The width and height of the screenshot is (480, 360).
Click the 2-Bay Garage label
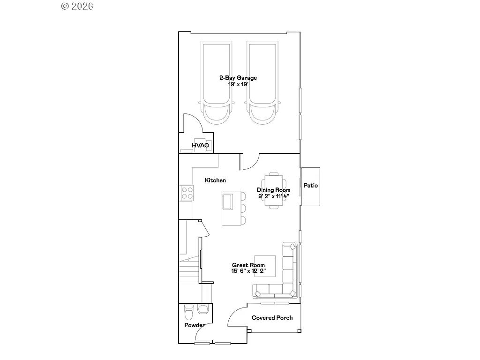tap(238, 78)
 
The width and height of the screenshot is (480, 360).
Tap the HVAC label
tap(200, 146)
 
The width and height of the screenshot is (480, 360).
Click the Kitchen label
tap(215, 180)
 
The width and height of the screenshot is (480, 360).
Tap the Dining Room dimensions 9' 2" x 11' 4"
tap(273, 196)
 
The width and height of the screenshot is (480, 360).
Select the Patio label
tap(310, 186)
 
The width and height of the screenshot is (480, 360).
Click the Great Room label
tap(248, 265)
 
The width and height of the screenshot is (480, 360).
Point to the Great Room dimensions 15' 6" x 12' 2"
tap(248, 271)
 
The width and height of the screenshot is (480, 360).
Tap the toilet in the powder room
tap(189, 311)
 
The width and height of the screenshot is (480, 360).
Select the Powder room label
tap(194, 325)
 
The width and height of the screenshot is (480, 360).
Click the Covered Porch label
tap(272, 318)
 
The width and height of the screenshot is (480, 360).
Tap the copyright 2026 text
tap(77, 6)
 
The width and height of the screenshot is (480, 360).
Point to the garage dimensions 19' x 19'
tap(238, 84)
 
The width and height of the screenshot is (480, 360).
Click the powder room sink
tap(203, 309)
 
